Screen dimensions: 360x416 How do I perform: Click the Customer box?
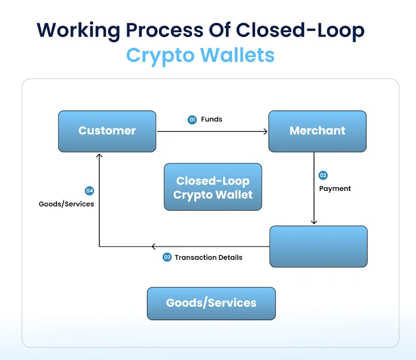tap(107, 131)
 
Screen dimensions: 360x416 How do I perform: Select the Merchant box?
tap(317, 131)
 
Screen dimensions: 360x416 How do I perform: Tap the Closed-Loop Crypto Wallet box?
tap(212, 187)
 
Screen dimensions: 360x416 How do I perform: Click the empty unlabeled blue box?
tap(318, 246)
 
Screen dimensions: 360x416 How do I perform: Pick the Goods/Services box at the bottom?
tap(211, 303)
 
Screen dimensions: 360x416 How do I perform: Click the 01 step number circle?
tap(192, 120)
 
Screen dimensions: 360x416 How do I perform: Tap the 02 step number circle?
tap(323, 175)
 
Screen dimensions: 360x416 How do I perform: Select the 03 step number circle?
tap(167, 257)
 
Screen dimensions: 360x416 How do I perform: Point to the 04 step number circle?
tap(89, 191)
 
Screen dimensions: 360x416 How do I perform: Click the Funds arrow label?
tap(212, 120)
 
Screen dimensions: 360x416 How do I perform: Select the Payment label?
tap(335, 189)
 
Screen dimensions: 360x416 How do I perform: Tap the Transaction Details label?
tap(208, 257)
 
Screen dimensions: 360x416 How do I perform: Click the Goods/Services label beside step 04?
tap(67, 204)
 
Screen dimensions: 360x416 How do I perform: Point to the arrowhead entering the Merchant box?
tap(265, 131)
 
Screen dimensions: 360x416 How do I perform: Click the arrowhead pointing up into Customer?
tap(100, 155)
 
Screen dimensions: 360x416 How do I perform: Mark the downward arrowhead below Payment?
tap(314, 223)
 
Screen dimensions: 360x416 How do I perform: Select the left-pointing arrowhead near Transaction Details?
tap(154, 247)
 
